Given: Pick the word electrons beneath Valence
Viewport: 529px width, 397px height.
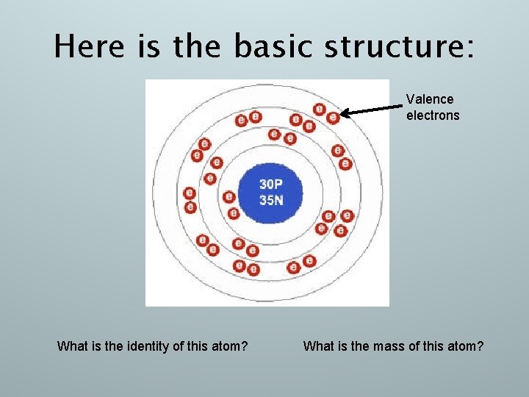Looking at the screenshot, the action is pyautogui.click(x=433, y=115).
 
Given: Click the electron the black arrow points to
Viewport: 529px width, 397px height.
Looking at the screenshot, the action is pyautogui.click(x=334, y=116).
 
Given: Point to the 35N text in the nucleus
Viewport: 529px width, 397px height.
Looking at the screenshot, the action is pyautogui.click(x=270, y=199).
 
